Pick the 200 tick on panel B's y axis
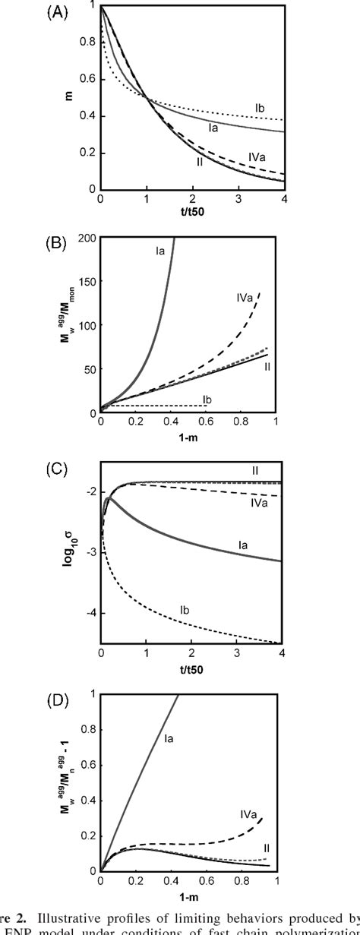86,238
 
